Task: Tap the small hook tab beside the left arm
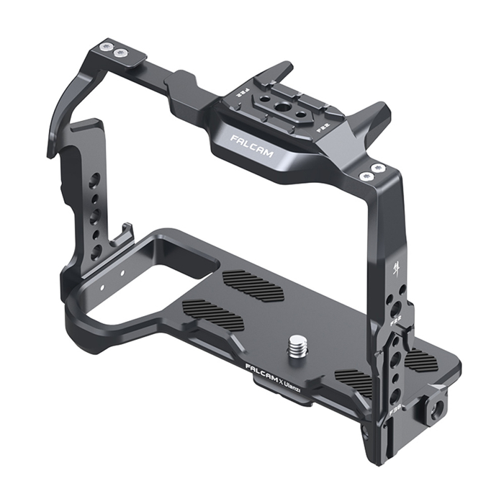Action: (127, 232)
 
